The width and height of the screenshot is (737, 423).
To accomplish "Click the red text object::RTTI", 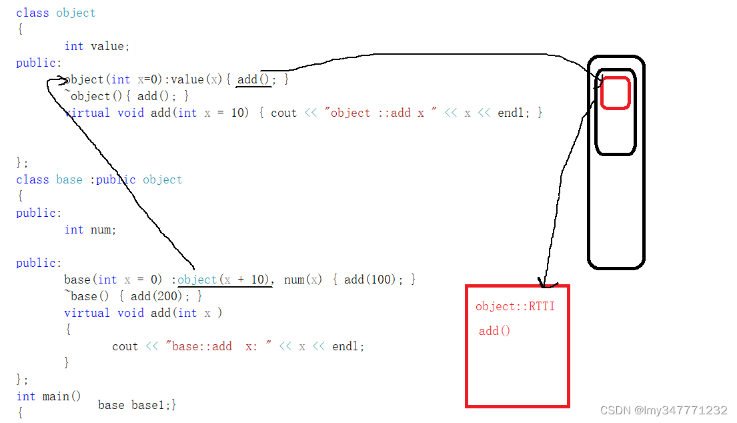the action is coord(515,307).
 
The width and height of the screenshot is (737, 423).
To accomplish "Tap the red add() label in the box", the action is coord(494,331).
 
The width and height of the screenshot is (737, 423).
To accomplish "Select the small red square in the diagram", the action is coord(615,93).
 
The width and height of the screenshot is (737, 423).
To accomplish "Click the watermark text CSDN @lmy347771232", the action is coord(664,410).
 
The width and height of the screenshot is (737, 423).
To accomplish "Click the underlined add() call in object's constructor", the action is coord(254,79).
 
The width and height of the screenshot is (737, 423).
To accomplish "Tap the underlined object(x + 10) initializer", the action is coord(225,280).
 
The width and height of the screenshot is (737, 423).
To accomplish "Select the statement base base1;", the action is coord(137,405).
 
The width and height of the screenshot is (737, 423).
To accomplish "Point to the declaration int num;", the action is coord(90,230).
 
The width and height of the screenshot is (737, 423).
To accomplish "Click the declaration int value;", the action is coord(97,46).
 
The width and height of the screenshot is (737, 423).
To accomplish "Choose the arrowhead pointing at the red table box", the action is coord(544,284).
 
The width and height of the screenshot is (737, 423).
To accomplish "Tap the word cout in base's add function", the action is coord(125,346).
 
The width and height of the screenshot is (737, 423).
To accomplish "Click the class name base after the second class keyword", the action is coord(69,179).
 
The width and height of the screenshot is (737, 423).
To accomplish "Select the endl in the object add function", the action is coord(510,113).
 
